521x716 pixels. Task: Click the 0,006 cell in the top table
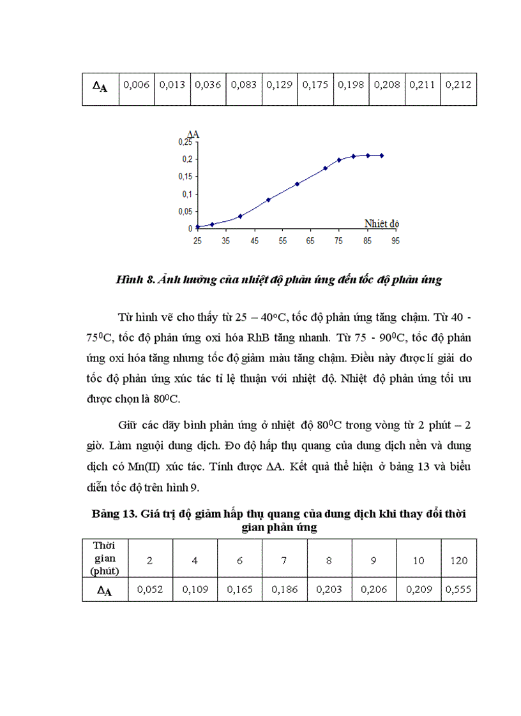137,84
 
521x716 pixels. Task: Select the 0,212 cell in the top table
458,84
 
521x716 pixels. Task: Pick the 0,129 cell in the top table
280,84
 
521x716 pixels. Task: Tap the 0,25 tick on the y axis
185,142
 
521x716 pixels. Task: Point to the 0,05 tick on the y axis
185,211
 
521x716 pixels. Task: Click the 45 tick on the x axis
254,240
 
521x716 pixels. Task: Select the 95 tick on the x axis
396,240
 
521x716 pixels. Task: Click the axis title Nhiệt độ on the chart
382,223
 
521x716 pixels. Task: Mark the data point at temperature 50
268,200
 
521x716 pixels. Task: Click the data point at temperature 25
198,226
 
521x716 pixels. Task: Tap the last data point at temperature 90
381,155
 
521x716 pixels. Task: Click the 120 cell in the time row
458,560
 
